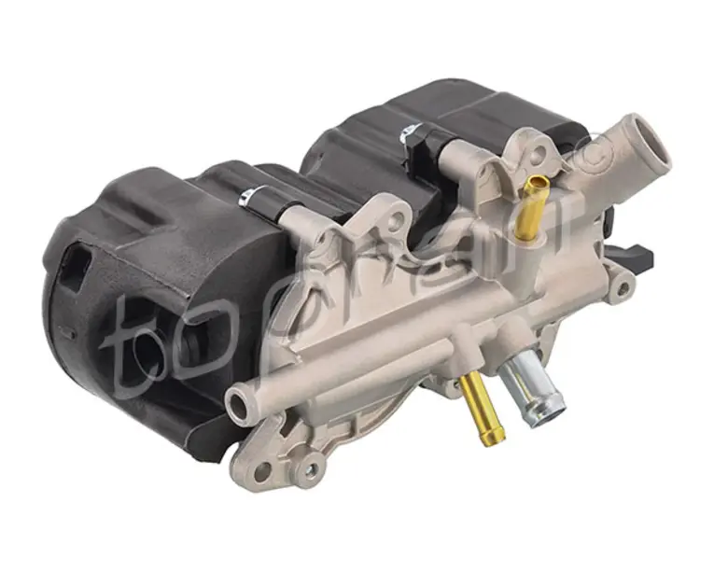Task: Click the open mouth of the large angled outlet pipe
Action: click(x=653, y=139)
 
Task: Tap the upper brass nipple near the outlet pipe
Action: click(x=530, y=206)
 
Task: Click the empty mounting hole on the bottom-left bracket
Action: click(x=261, y=472)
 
